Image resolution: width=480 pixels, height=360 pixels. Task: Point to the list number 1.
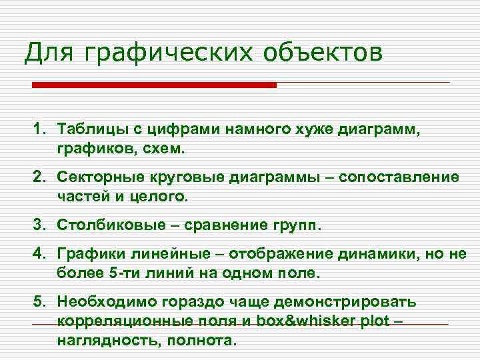pyautogui.click(x=38, y=127)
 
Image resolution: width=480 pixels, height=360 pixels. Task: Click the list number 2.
pyautogui.click(x=38, y=177)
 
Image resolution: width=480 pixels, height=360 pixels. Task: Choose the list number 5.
pyautogui.click(x=38, y=302)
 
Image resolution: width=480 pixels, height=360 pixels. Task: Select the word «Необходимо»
pyautogui.click(x=101, y=302)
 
